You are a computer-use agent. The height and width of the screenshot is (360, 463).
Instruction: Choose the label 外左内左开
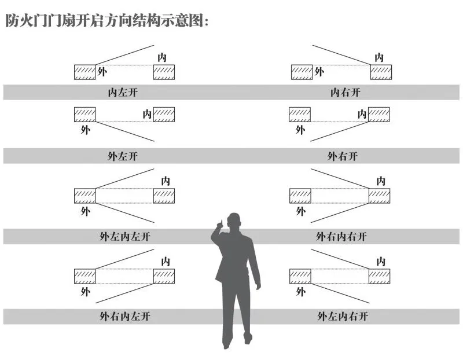(124, 237)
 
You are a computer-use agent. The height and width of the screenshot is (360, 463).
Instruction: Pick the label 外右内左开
(124, 317)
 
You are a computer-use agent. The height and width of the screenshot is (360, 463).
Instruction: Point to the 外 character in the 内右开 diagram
(319, 72)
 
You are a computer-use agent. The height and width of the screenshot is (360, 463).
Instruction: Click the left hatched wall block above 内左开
(84, 72)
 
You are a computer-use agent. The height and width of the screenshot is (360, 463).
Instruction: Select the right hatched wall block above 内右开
(381, 72)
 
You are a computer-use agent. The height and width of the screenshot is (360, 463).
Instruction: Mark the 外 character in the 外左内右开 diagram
(300, 292)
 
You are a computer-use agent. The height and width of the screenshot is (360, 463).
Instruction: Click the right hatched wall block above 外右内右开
(380, 196)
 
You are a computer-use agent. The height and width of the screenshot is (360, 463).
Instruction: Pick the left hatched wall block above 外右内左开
(84, 276)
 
